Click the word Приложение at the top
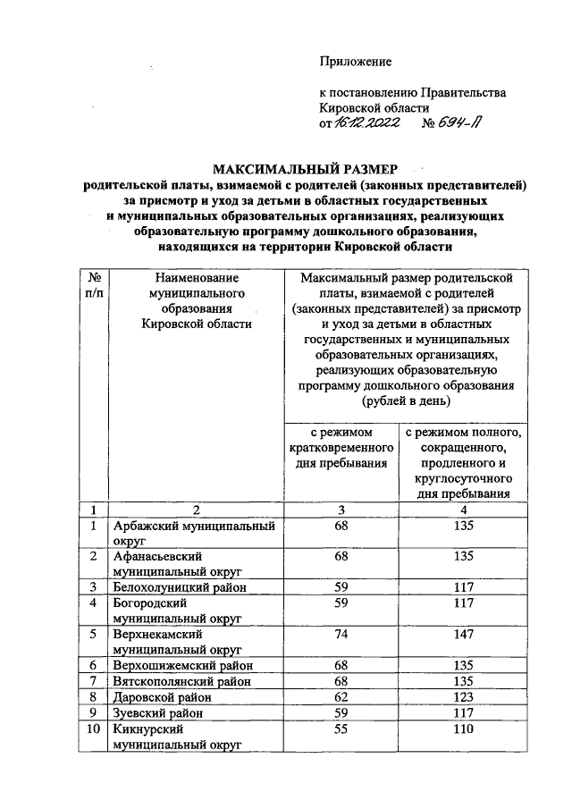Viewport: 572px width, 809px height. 356,61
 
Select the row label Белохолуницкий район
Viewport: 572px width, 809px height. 178,587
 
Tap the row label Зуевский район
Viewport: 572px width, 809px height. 158,713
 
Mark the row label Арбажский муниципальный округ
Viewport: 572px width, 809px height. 192,534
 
